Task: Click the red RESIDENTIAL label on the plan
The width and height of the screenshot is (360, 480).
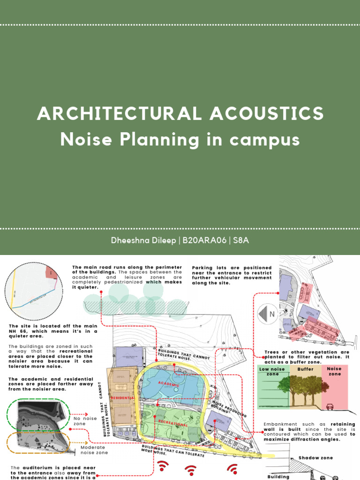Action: click(122, 397)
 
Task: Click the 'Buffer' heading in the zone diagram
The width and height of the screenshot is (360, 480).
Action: click(305, 369)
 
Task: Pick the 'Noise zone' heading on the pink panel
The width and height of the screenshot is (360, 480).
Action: click(335, 371)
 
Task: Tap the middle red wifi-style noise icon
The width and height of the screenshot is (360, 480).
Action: click(190, 470)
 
